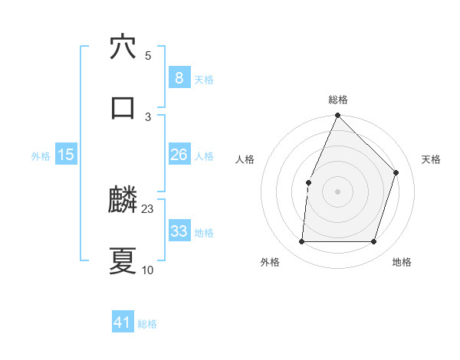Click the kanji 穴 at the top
pyautogui.click(x=123, y=47)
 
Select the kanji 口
pyautogui.click(x=123, y=107)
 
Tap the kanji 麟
pyautogui.click(x=123, y=201)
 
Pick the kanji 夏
pyautogui.click(x=123, y=261)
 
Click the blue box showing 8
pyautogui.click(x=179, y=77)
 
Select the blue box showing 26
pyautogui.click(x=179, y=155)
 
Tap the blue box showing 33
pyautogui.click(x=179, y=231)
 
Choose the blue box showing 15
pyautogui.click(x=66, y=155)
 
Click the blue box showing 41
pyautogui.click(x=123, y=322)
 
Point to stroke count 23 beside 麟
pyautogui.click(x=148, y=209)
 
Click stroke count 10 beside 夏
pyautogui.click(x=148, y=270)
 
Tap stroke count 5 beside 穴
pyautogui.click(x=148, y=55)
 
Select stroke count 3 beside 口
pyautogui.click(x=148, y=116)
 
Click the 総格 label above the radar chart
pyautogui.click(x=338, y=100)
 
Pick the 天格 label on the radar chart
pyautogui.click(x=431, y=159)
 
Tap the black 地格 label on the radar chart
pyautogui.click(x=402, y=263)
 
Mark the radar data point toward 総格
pyautogui.click(x=338, y=116)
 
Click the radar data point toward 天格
pyautogui.click(x=396, y=172)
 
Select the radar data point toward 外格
pyautogui.click(x=302, y=241)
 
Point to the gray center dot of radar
pyautogui.click(x=338, y=191)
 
